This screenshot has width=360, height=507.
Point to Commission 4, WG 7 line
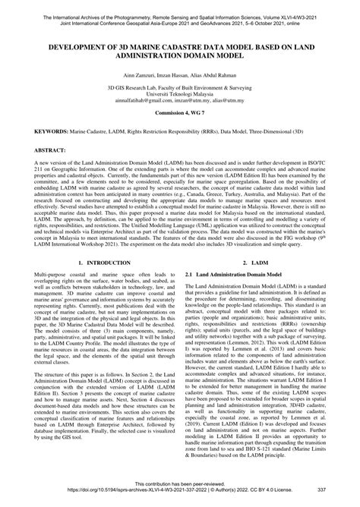(x=180, y=134)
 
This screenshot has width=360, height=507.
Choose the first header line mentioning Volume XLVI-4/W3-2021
(x=180, y=6)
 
